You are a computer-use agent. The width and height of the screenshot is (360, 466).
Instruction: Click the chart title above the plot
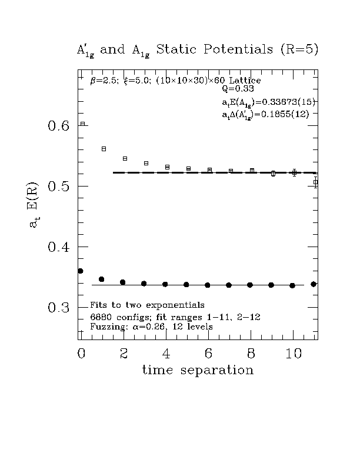(198, 50)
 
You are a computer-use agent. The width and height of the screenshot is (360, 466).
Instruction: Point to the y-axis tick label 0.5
(58, 187)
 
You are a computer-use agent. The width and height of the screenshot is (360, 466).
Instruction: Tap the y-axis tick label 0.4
(58, 247)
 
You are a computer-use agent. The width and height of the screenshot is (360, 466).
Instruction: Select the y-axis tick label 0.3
(58, 308)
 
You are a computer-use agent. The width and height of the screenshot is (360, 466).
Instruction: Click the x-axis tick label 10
(293, 353)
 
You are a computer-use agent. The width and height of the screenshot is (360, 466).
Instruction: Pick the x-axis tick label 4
(166, 353)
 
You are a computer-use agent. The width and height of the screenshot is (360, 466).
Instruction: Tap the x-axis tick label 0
(81, 353)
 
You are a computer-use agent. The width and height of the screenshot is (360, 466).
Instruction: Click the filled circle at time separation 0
(81, 271)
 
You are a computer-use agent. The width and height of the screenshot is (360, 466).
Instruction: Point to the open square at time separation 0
(83, 124)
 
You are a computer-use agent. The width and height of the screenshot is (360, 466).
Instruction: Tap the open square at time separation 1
(104, 149)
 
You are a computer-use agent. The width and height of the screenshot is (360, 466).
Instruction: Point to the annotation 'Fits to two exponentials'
(147, 305)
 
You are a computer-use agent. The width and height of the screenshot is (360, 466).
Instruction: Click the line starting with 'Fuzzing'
(152, 326)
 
